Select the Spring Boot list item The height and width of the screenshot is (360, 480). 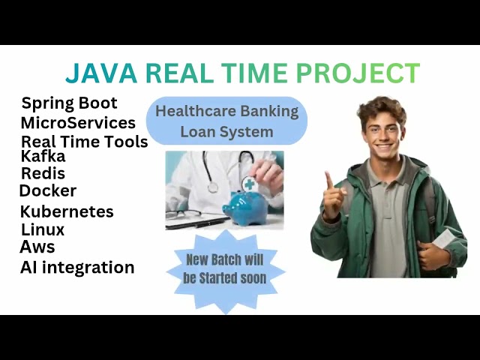click(x=70, y=103)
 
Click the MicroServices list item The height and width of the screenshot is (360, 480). click(x=78, y=122)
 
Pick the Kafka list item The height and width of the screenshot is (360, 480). click(x=43, y=157)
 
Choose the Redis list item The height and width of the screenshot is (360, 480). click(x=43, y=174)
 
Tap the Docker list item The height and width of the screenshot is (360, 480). click(x=48, y=191)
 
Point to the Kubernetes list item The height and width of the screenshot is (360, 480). click(x=67, y=211)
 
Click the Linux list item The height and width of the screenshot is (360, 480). click(x=43, y=229)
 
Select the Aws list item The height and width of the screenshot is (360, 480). click(x=37, y=247)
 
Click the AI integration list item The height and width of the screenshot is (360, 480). click(x=77, y=267)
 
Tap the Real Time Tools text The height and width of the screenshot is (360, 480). click(x=84, y=141)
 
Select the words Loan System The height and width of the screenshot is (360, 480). click(x=226, y=132)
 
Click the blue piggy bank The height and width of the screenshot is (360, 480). click(x=244, y=203)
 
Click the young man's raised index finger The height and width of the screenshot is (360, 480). click(x=328, y=180)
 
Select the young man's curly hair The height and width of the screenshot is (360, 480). click(x=382, y=109)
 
